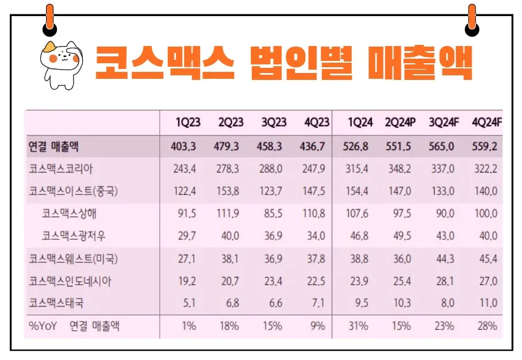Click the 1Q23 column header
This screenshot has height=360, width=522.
(x=188, y=122)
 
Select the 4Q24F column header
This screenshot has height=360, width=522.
(x=487, y=122)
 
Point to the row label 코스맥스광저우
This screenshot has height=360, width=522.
(x=74, y=236)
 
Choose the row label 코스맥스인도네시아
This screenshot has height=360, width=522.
(x=70, y=281)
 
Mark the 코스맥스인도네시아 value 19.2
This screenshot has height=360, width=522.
(x=189, y=281)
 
